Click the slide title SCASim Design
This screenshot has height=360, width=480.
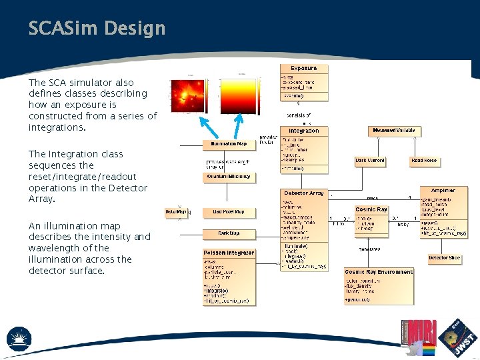[x=97, y=29]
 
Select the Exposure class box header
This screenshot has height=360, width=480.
[x=304, y=68]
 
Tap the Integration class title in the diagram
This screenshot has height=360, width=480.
[x=304, y=131]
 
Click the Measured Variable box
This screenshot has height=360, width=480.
[x=395, y=130]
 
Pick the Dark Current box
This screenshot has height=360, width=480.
[x=371, y=161]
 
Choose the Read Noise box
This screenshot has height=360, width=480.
[x=424, y=161]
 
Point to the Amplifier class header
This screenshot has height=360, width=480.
[x=443, y=191]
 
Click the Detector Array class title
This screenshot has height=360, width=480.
[x=304, y=193]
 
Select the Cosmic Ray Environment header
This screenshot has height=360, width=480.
[x=379, y=272]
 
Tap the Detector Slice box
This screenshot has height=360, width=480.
[x=444, y=258]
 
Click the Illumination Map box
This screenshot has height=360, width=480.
[x=229, y=144]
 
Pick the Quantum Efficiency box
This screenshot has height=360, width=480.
[x=229, y=177]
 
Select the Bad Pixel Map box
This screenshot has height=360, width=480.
[x=229, y=212]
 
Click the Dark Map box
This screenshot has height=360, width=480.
[x=229, y=233]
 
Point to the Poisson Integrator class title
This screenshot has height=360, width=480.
[x=229, y=253]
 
